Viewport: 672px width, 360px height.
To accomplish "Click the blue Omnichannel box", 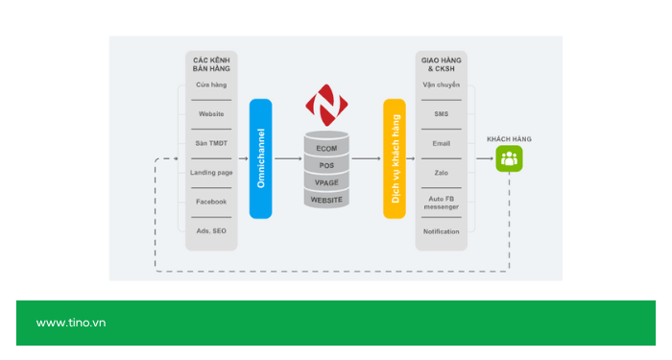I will [x=260, y=158].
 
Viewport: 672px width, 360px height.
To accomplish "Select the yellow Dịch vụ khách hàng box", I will [x=395, y=158].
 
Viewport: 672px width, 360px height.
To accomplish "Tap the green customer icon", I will [x=509, y=158].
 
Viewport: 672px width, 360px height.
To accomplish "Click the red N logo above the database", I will [x=326, y=105].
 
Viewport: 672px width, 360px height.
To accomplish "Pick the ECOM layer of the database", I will [x=326, y=148].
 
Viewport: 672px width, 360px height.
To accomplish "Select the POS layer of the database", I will [x=326, y=165].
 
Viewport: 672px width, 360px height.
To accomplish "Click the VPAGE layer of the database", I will [x=326, y=182].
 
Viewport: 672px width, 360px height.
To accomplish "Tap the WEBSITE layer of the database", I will [x=326, y=200].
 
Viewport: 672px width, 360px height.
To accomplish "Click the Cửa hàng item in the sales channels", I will [x=211, y=85].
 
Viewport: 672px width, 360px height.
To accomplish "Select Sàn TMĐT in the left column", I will [x=211, y=143].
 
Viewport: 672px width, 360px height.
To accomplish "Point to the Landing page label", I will [x=211, y=172].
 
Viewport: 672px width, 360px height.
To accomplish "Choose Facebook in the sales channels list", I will [x=211, y=202].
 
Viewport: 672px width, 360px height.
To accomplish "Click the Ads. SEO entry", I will [x=211, y=231].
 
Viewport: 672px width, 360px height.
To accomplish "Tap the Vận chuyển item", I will [x=442, y=85].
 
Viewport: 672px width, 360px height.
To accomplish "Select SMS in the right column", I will [x=442, y=114].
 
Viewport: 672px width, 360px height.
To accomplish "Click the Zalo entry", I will [x=442, y=172].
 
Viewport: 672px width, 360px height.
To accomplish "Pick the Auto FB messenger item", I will [x=442, y=202].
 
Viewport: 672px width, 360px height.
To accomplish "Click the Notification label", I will [x=442, y=231].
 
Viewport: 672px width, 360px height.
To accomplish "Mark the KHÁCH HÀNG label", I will [x=509, y=139].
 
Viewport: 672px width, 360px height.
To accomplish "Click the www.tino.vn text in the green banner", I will [x=71, y=323].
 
